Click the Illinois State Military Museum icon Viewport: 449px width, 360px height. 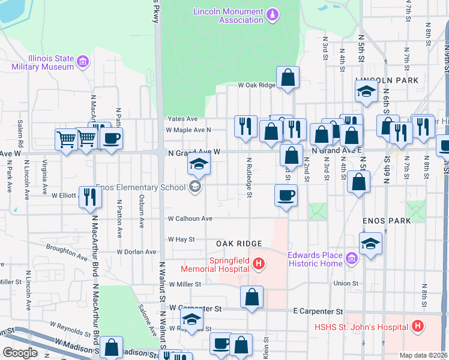(x=83, y=61)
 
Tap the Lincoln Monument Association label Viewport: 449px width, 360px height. (x=228, y=16)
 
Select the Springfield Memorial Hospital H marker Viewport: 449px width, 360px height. (x=258, y=263)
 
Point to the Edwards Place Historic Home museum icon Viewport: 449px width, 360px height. (x=352, y=259)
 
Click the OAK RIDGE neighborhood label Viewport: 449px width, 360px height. (x=239, y=244)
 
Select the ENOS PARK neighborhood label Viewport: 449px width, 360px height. (x=387, y=221)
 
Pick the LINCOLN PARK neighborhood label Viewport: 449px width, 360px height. (x=378, y=80)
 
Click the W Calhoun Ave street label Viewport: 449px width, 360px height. (x=190, y=218)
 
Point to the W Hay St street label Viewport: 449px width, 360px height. (x=181, y=239)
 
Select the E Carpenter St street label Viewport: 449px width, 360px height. (x=318, y=311)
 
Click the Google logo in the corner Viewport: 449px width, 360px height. (x=20, y=353)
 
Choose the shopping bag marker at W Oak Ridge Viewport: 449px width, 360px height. (x=288, y=77)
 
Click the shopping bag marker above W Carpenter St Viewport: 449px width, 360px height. (x=252, y=296)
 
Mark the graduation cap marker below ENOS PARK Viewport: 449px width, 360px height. (x=370, y=244)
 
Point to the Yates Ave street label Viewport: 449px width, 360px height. (x=182, y=119)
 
